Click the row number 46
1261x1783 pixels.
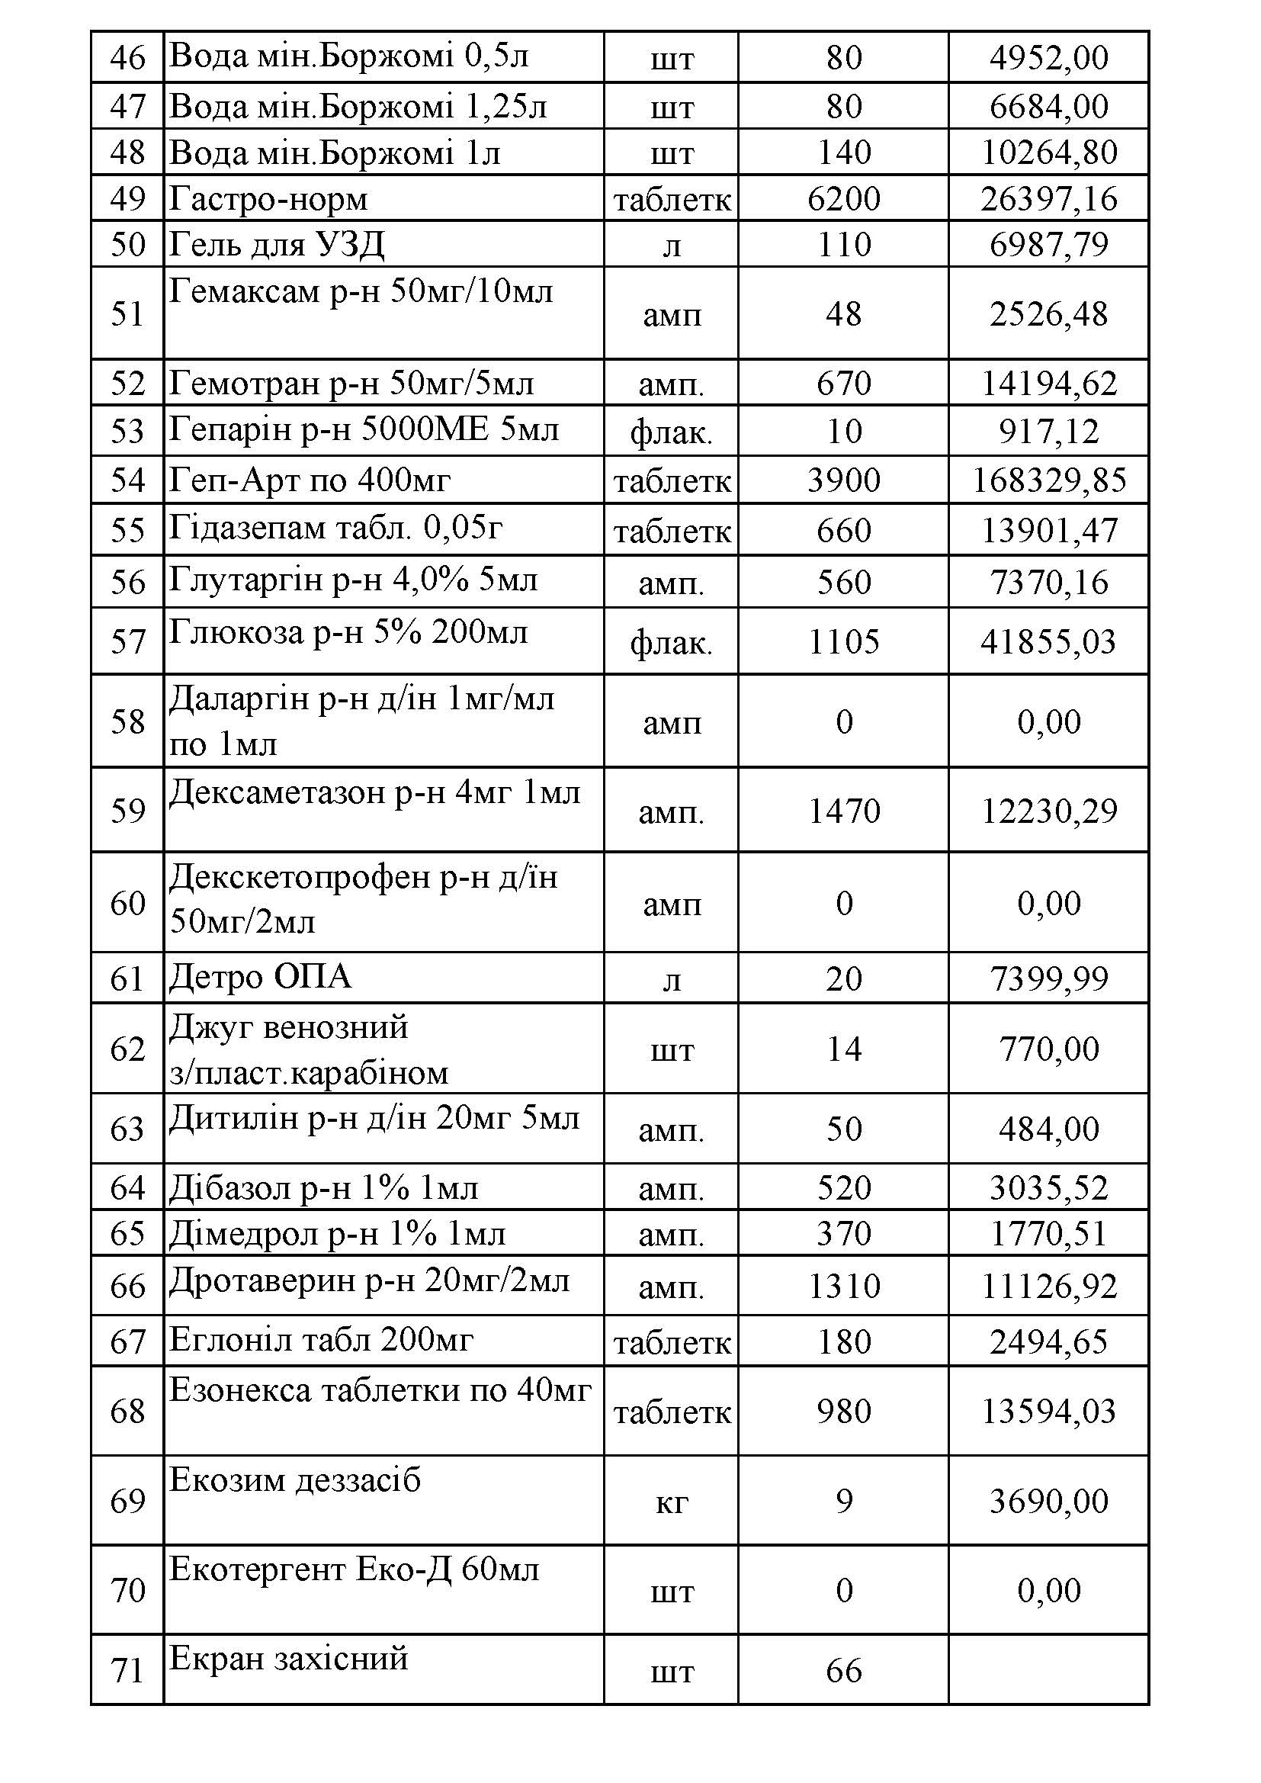128,57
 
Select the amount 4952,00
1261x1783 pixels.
1048,57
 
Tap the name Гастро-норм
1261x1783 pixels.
268,199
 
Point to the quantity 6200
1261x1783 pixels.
843,199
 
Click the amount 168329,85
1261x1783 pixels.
1048,480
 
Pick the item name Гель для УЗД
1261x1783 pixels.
277,245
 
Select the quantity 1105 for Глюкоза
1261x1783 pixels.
843,641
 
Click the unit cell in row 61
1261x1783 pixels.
672,979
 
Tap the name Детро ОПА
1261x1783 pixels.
260,977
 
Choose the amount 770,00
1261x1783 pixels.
1048,1049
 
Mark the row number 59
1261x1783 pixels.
128,811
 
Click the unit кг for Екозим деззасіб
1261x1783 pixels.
672,1501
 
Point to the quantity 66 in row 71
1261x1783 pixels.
843,1669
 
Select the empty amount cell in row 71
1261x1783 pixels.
1048,1669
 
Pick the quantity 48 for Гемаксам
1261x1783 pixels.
843,313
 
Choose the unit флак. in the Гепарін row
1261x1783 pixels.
672,432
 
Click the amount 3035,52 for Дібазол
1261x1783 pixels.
1048,1188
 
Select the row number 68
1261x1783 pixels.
128,1411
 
